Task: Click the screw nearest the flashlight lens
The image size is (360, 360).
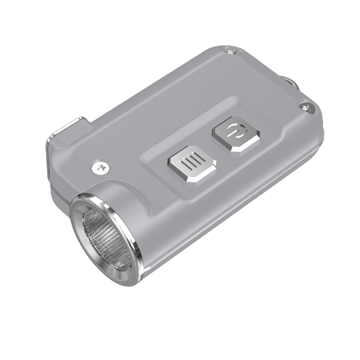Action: point(99,168)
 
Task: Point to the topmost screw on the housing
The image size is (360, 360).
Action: point(232,52)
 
